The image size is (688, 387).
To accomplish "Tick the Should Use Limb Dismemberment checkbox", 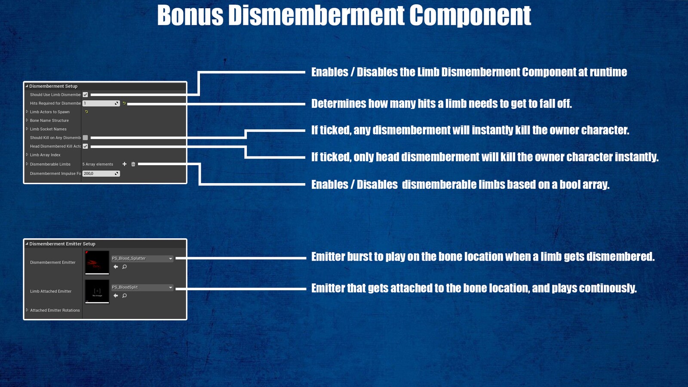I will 85,95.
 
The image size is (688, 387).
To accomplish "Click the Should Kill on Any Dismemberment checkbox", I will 85,138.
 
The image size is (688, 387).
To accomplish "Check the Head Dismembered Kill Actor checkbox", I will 85,146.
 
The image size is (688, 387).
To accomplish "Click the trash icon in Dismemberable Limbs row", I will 133,164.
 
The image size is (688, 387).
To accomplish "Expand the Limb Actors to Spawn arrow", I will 27,112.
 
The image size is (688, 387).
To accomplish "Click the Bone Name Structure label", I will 49,120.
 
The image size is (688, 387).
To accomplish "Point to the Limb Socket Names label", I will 48,129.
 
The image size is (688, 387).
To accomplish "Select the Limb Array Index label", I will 45,155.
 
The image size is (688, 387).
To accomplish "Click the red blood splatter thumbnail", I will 97,262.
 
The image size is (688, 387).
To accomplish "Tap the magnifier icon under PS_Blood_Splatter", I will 125,267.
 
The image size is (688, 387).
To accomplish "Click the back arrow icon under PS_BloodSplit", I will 116,296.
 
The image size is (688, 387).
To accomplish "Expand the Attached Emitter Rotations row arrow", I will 27,310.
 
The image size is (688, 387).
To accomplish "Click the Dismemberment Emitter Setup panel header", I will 62,244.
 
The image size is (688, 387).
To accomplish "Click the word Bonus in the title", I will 190,15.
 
